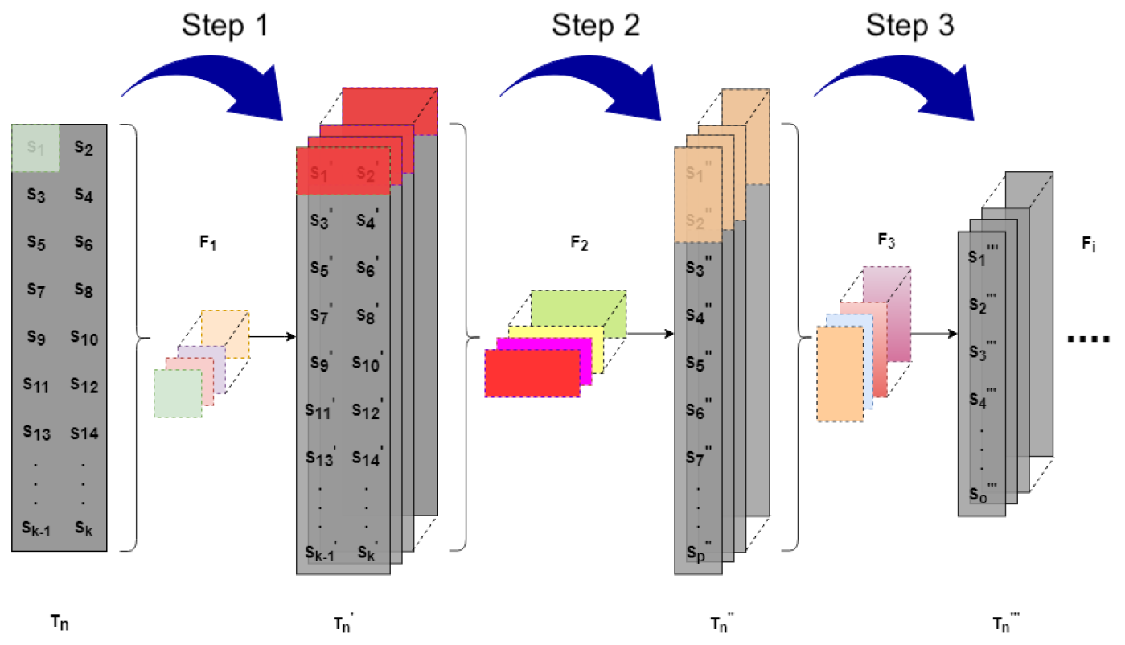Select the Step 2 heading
tap(596, 26)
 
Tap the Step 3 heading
tap(909, 26)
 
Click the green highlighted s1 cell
tap(35, 147)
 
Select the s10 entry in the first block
tap(84, 339)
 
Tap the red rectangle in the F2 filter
tap(532, 373)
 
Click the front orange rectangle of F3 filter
tap(839, 373)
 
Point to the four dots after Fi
tap(1088, 339)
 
